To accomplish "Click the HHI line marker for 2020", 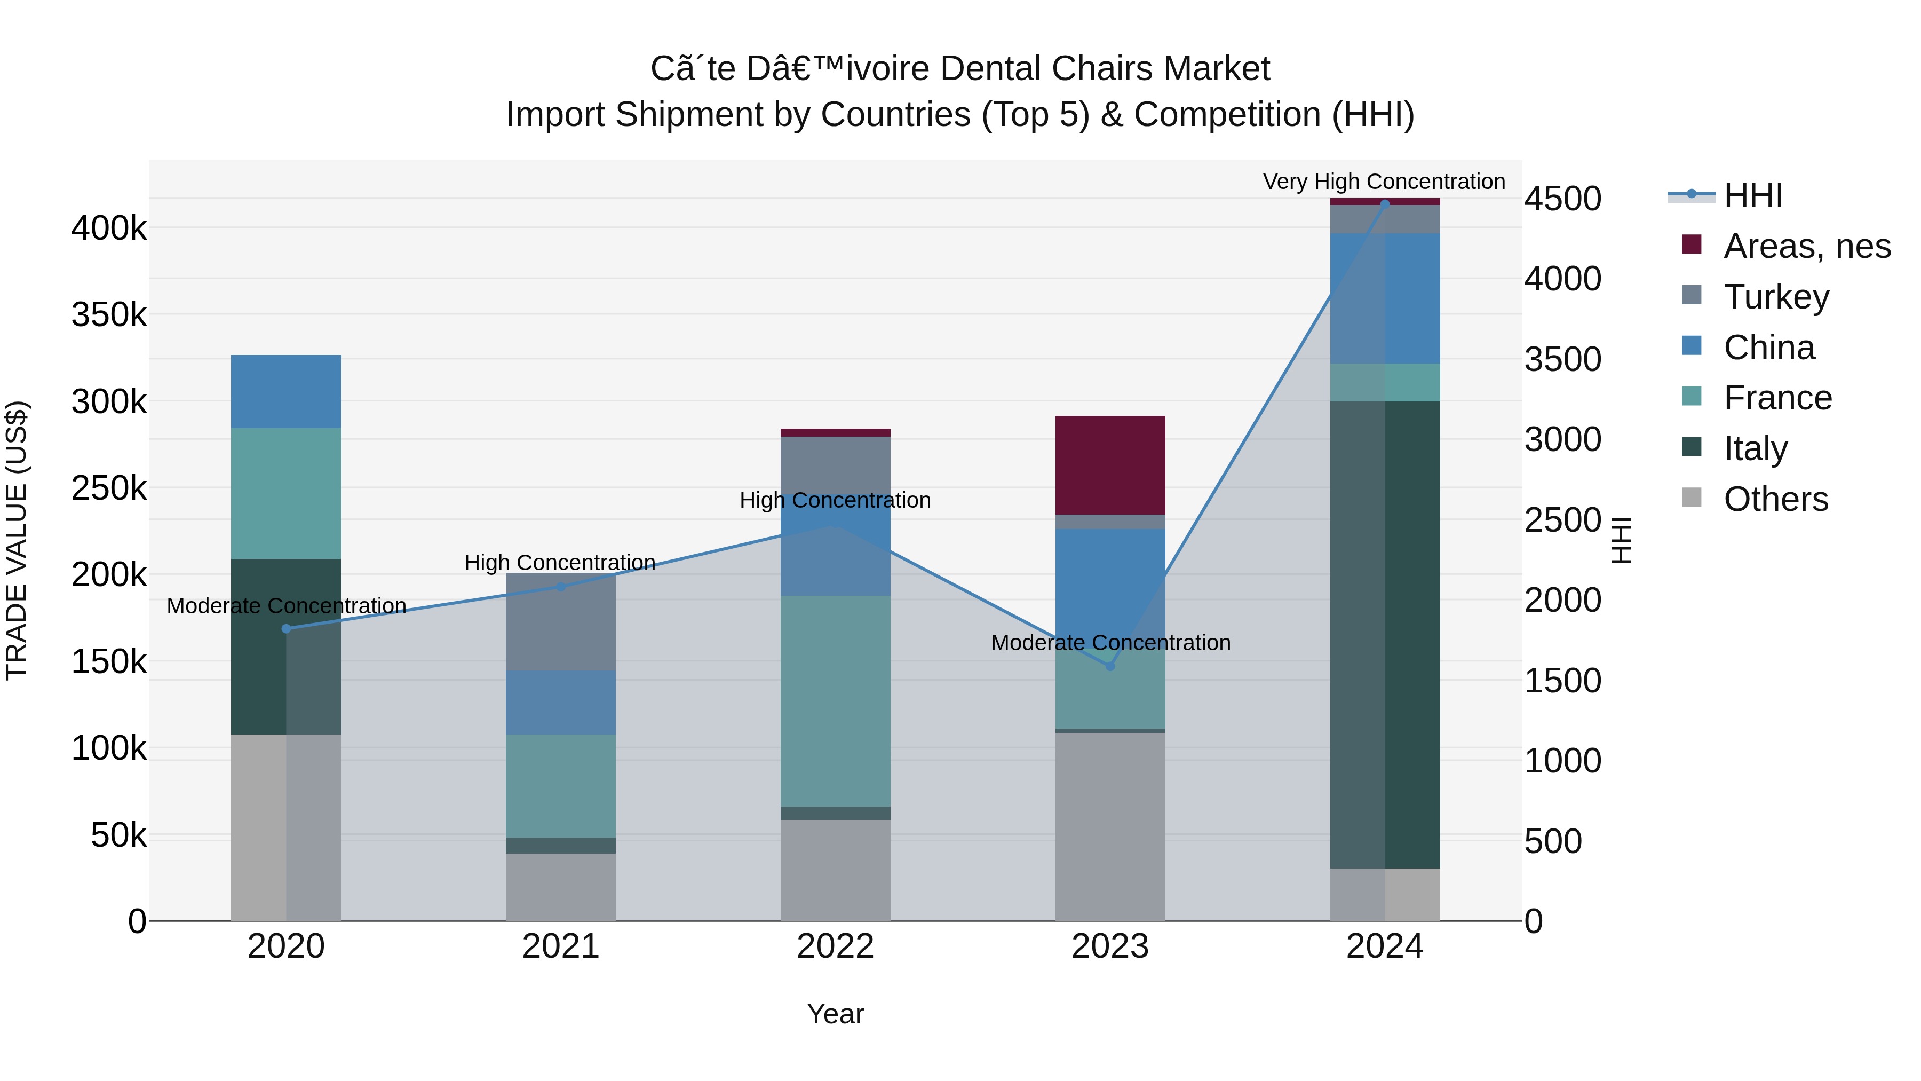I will point(287,629).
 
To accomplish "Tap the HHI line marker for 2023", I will point(1110,666).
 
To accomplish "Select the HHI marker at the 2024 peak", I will point(1385,204).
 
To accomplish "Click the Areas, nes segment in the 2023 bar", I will point(1110,465).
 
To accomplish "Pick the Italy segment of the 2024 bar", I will point(1385,634).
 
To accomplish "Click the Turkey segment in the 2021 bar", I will point(561,621).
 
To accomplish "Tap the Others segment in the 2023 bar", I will point(1110,826).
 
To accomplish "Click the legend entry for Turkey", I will point(1775,297).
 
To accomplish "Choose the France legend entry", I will point(1777,398).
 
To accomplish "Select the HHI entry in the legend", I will point(1752,195).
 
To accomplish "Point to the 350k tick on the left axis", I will point(109,315).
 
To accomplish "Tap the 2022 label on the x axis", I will point(835,946).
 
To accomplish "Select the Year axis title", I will point(835,1014).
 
